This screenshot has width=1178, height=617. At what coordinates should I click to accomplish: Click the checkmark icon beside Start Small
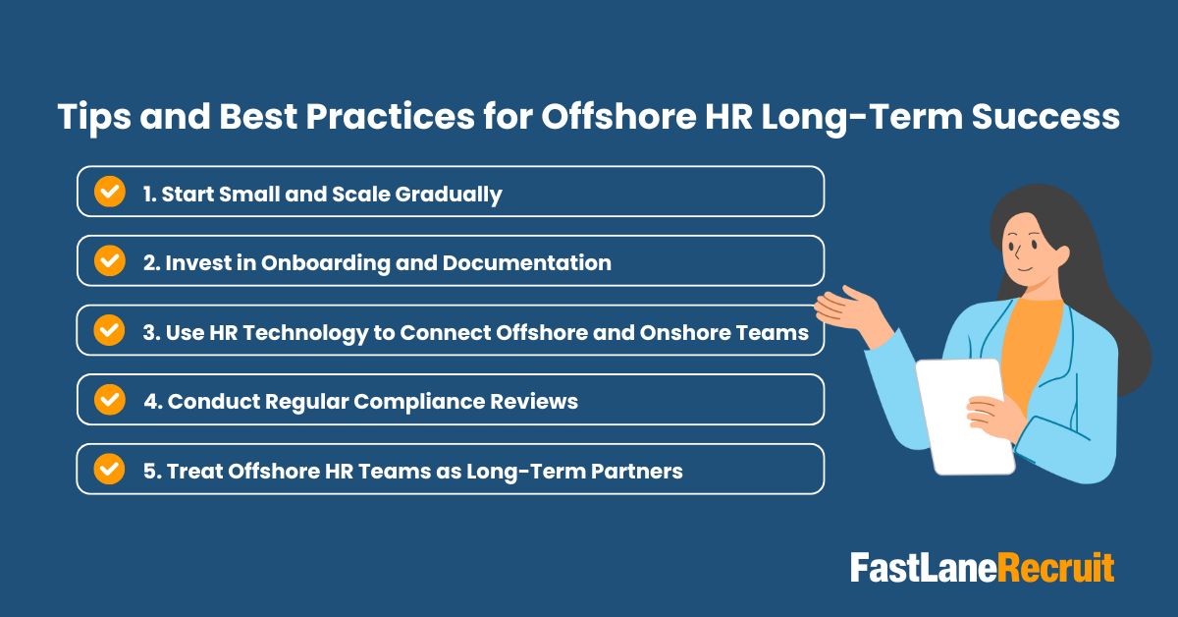click(109, 193)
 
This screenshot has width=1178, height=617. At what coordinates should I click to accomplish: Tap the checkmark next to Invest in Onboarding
click(109, 261)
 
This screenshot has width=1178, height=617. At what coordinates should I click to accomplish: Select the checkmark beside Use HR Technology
click(109, 331)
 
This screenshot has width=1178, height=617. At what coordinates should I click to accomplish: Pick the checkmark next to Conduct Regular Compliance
click(109, 400)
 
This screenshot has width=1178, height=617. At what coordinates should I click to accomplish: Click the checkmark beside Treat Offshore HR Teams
click(109, 470)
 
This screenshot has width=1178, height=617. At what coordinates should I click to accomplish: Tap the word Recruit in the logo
click(1057, 568)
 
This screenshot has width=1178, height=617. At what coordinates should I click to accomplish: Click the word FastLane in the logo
click(924, 568)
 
